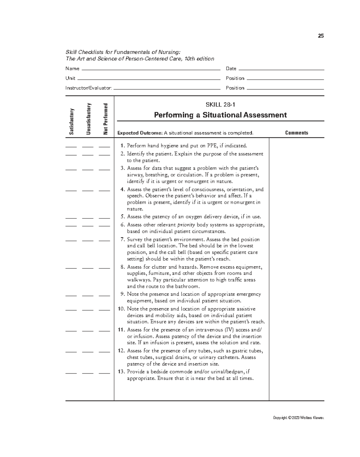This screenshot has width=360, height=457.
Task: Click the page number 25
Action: [x=321, y=36]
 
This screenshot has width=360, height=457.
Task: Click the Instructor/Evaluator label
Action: [x=88, y=88]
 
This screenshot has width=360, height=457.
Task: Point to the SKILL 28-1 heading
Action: [x=220, y=105]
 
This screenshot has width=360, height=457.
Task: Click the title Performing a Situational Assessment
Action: [x=220, y=115]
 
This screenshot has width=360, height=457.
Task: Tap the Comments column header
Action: [x=296, y=133]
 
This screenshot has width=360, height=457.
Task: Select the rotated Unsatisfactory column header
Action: [x=88, y=119]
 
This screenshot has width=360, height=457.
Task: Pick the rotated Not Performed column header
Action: [x=105, y=119]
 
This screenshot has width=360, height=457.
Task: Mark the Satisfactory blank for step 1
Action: [x=71, y=147]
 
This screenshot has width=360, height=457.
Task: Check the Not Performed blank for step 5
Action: [x=104, y=218]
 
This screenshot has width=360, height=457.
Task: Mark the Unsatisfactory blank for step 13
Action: [x=88, y=373]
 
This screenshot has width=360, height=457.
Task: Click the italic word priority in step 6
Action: [x=186, y=225]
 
